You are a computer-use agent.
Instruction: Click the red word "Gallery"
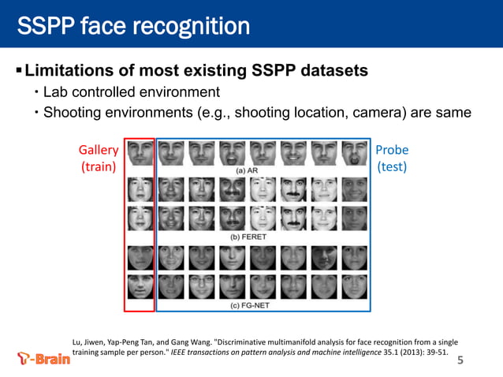click(x=99, y=150)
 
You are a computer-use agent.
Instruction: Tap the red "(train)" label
click(x=99, y=166)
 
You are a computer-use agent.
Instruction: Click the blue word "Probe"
click(x=392, y=150)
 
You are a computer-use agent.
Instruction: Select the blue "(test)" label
click(x=392, y=166)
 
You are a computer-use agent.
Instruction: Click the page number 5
click(x=460, y=361)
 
